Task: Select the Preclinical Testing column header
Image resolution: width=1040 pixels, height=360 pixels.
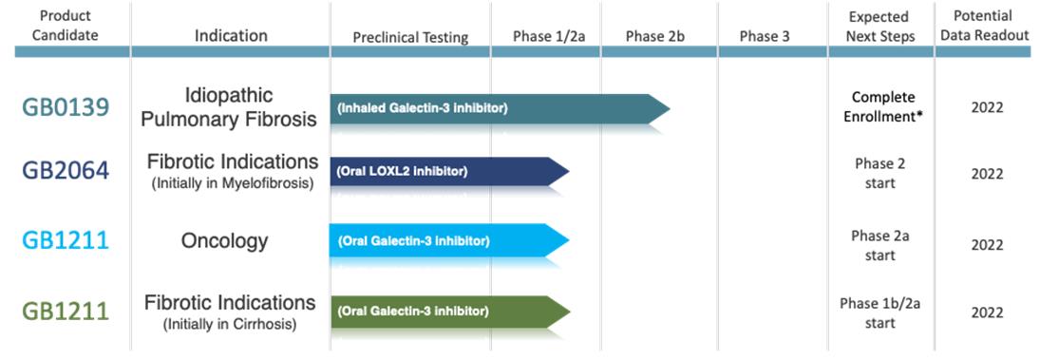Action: (x=410, y=37)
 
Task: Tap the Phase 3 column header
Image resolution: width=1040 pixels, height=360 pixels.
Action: (x=765, y=36)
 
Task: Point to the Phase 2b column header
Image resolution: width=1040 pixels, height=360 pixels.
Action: (x=654, y=36)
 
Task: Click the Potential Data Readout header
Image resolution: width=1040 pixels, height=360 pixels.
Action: (x=987, y=26)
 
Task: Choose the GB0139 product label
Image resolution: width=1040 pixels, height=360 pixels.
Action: (x=65, y=107)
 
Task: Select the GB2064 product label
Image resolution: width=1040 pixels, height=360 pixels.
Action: (x=65, y=171)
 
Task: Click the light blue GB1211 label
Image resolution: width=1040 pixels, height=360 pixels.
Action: (x=65, y=240)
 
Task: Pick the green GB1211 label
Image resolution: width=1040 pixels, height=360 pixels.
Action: (x=65, y=311)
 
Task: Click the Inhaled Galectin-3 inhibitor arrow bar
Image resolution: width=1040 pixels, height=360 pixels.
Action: (x=501, y=108)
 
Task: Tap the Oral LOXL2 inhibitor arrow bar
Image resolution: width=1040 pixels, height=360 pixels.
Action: (x=449, y=171)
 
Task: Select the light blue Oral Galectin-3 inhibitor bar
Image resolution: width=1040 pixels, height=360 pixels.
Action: (x=449, y=240)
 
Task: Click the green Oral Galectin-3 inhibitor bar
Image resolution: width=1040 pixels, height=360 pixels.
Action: (x=449, y=311)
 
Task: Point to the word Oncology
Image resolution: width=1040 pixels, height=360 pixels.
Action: (x=225, y=240)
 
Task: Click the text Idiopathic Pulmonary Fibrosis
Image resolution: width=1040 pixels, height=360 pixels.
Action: (x=230, y=106)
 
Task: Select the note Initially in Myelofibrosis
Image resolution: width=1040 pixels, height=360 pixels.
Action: (x=232, y=183)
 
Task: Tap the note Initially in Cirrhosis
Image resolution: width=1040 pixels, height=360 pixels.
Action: (x=230, y=325)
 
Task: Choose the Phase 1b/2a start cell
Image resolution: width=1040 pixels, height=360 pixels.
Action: (x=880, y=313)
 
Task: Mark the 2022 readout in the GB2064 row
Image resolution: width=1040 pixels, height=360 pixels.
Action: (x=987, y=175)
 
